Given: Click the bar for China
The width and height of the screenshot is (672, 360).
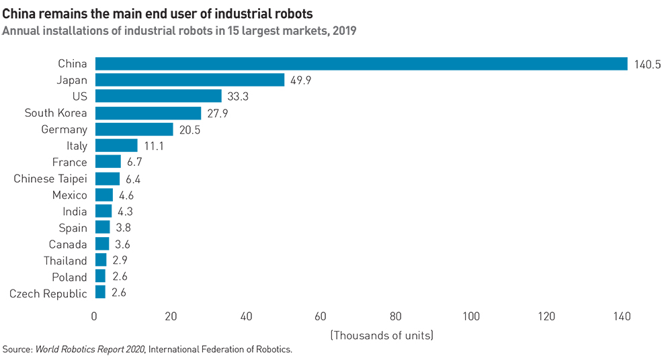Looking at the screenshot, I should tap(361, 64).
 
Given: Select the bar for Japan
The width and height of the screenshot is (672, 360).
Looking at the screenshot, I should tap(190, 80).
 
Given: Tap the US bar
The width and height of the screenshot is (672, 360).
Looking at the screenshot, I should tap(158, 96).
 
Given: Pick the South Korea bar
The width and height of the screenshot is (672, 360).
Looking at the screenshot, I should tap(148, 113).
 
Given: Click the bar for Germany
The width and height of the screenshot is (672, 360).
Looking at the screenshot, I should tap(134, 129).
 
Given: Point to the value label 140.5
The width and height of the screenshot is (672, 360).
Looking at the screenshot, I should tap(648, 64).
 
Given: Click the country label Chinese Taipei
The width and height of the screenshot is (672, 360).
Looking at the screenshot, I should tap(50, 179).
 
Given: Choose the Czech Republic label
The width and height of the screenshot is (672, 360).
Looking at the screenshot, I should tap(48, 294).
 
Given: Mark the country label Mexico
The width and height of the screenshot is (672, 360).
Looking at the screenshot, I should tap(69, 195).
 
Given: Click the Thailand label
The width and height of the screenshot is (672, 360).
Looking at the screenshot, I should tap(65, 261).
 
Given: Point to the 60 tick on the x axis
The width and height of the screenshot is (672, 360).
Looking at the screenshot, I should tap(321, 316).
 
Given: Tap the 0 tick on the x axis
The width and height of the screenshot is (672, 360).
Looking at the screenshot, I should tap(95, 316).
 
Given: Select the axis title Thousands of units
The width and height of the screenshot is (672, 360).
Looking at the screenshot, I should tap(381, 334).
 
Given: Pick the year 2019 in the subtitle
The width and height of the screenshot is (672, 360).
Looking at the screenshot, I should tap(343, 30).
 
